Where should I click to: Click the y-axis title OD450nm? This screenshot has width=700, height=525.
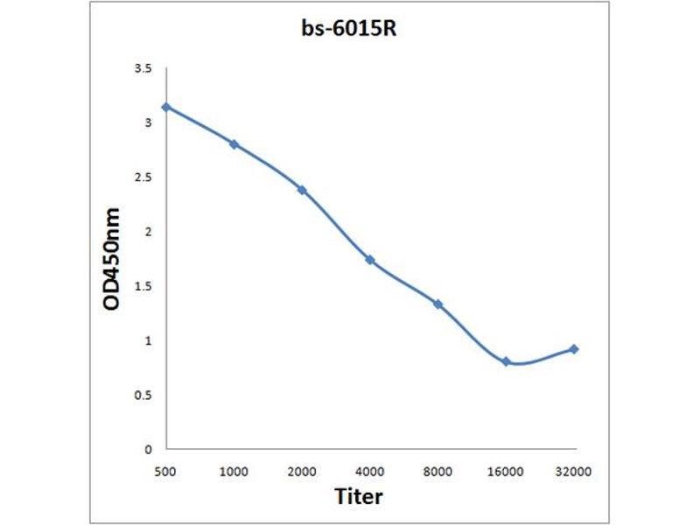point(111,258)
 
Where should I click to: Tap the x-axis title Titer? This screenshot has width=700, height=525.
point(359,496)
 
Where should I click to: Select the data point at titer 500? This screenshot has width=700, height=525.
point(165,107)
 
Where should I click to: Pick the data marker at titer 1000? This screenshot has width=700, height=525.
point(234,143)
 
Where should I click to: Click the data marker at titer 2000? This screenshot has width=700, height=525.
point(302,189)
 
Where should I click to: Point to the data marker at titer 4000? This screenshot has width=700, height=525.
point(370,260)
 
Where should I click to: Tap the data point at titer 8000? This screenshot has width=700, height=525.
point(438,304)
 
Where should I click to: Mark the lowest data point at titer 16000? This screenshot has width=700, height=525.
point(507,361)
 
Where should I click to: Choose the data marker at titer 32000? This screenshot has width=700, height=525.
point(574,349)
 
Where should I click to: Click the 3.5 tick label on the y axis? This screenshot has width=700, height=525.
point(143,68)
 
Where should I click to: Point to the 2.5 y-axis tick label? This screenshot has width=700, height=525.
point(143,177)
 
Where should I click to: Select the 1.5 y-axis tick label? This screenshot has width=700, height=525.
point(143,286)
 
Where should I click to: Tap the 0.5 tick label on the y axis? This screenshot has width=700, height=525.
point(143,395)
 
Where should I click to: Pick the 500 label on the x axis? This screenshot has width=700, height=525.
point(165,472)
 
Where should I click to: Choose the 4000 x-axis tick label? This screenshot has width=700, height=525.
point(370,472)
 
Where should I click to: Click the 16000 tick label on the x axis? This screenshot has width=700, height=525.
point(507,472)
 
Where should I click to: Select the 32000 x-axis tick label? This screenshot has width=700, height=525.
point(574,472)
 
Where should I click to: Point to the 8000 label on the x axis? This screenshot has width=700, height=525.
point(438,472)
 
